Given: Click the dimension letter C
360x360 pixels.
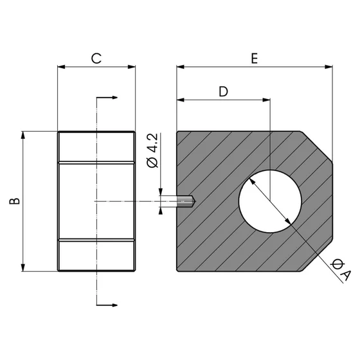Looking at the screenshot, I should pos(96,59).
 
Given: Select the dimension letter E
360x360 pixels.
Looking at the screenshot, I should pos(255,59).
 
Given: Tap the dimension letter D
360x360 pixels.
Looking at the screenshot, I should pos(223,91).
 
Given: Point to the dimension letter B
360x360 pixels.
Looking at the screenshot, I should pos(15,201).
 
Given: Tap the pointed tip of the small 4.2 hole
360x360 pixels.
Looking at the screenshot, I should pos(194,202).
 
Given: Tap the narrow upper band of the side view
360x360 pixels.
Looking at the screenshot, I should pos(96,147).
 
